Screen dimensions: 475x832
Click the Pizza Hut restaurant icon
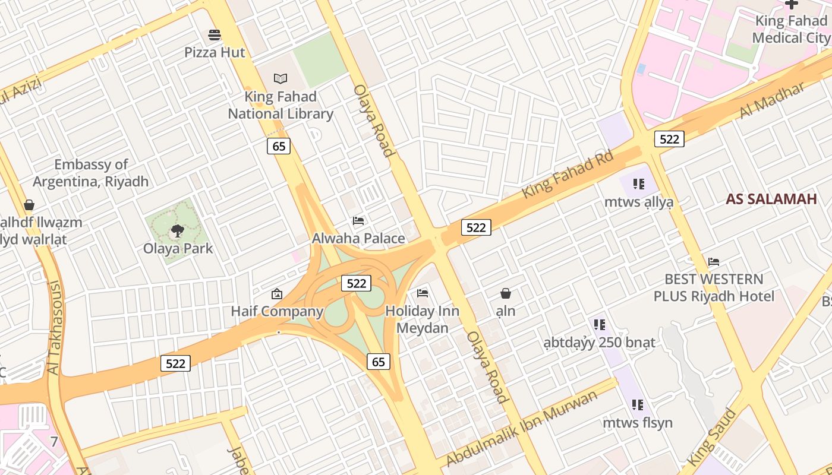coord(215,35)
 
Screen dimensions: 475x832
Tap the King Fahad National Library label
coord(281,105)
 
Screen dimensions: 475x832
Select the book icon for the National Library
coord(280,78)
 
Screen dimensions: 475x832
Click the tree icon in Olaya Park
coord(177,230)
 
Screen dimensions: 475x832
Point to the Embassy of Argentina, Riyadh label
coord(90,173)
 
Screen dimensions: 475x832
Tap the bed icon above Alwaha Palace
coord(358,221)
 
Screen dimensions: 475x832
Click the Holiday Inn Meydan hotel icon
coord(423,293)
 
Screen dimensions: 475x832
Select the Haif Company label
coord(277,311)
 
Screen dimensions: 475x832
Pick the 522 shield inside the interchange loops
coord(357,283)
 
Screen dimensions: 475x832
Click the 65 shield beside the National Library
coord(278,146)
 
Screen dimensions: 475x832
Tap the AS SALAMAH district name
coord(771,199)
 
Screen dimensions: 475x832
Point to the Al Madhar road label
coord(772,100)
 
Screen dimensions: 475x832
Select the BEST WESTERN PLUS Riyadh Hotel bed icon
coord(714,262)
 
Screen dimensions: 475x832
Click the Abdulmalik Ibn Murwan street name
coord(521,427)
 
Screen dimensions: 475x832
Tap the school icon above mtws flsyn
coord(638,405)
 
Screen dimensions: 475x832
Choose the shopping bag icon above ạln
coord(506,293)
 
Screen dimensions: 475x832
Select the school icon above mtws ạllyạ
coord(639,184)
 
